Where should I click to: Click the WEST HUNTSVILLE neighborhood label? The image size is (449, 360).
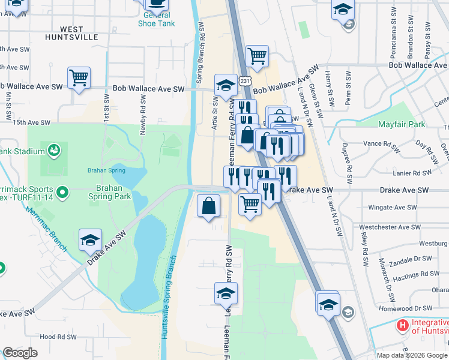pos(71,33)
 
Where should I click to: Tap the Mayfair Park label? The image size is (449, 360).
pos(402,125)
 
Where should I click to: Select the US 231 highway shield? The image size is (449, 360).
pos(244,80)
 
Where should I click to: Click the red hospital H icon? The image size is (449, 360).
pos(402,326)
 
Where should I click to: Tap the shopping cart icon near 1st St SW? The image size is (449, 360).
pos(79,78)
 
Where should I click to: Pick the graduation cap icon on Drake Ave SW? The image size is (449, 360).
pos(90,240)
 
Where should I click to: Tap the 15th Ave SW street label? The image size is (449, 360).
pos(31,122)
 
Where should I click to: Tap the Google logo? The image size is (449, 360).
pos(20,352)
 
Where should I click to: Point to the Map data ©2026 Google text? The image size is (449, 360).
pos(412,355)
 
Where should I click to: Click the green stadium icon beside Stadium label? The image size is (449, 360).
pos(53,148)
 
